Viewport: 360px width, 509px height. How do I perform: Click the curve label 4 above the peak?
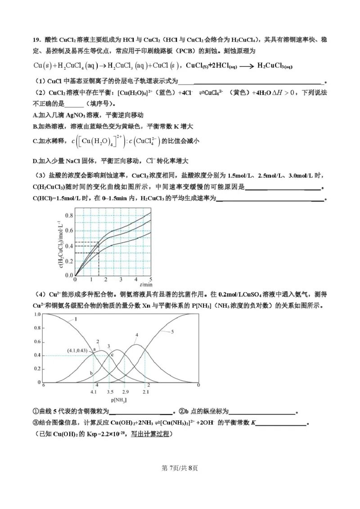[x=137, y=335]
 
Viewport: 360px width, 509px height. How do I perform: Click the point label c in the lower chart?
[x=112, y=355]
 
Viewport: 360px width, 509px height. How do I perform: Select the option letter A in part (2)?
[x=35, y=115]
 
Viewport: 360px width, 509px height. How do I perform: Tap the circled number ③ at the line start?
[x=36, y=423]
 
